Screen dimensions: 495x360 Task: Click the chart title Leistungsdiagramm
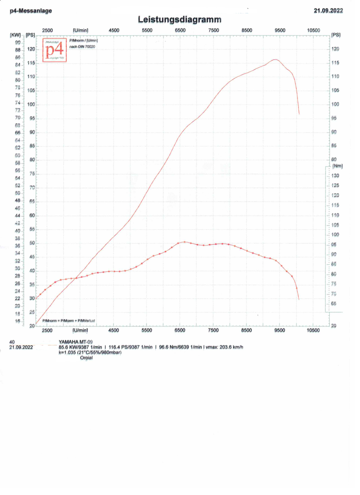click(180, 19)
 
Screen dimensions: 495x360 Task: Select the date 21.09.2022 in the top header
click(328, 11)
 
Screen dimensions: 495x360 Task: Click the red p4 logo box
click(54, 50)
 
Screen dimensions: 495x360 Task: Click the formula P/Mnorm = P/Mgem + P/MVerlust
click(69, 321)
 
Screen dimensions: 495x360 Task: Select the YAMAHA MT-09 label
click(76, 342)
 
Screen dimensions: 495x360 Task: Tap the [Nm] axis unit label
click(337, 166)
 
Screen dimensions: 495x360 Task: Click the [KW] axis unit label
click(15, 35)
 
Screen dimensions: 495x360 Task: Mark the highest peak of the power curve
click(275, 59)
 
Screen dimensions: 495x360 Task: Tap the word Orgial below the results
click(86, 358)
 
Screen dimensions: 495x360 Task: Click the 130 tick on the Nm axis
click(336, 176)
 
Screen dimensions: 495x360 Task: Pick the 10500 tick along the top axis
click(313, 30)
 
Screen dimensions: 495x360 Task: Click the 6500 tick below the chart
click(180, 330)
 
